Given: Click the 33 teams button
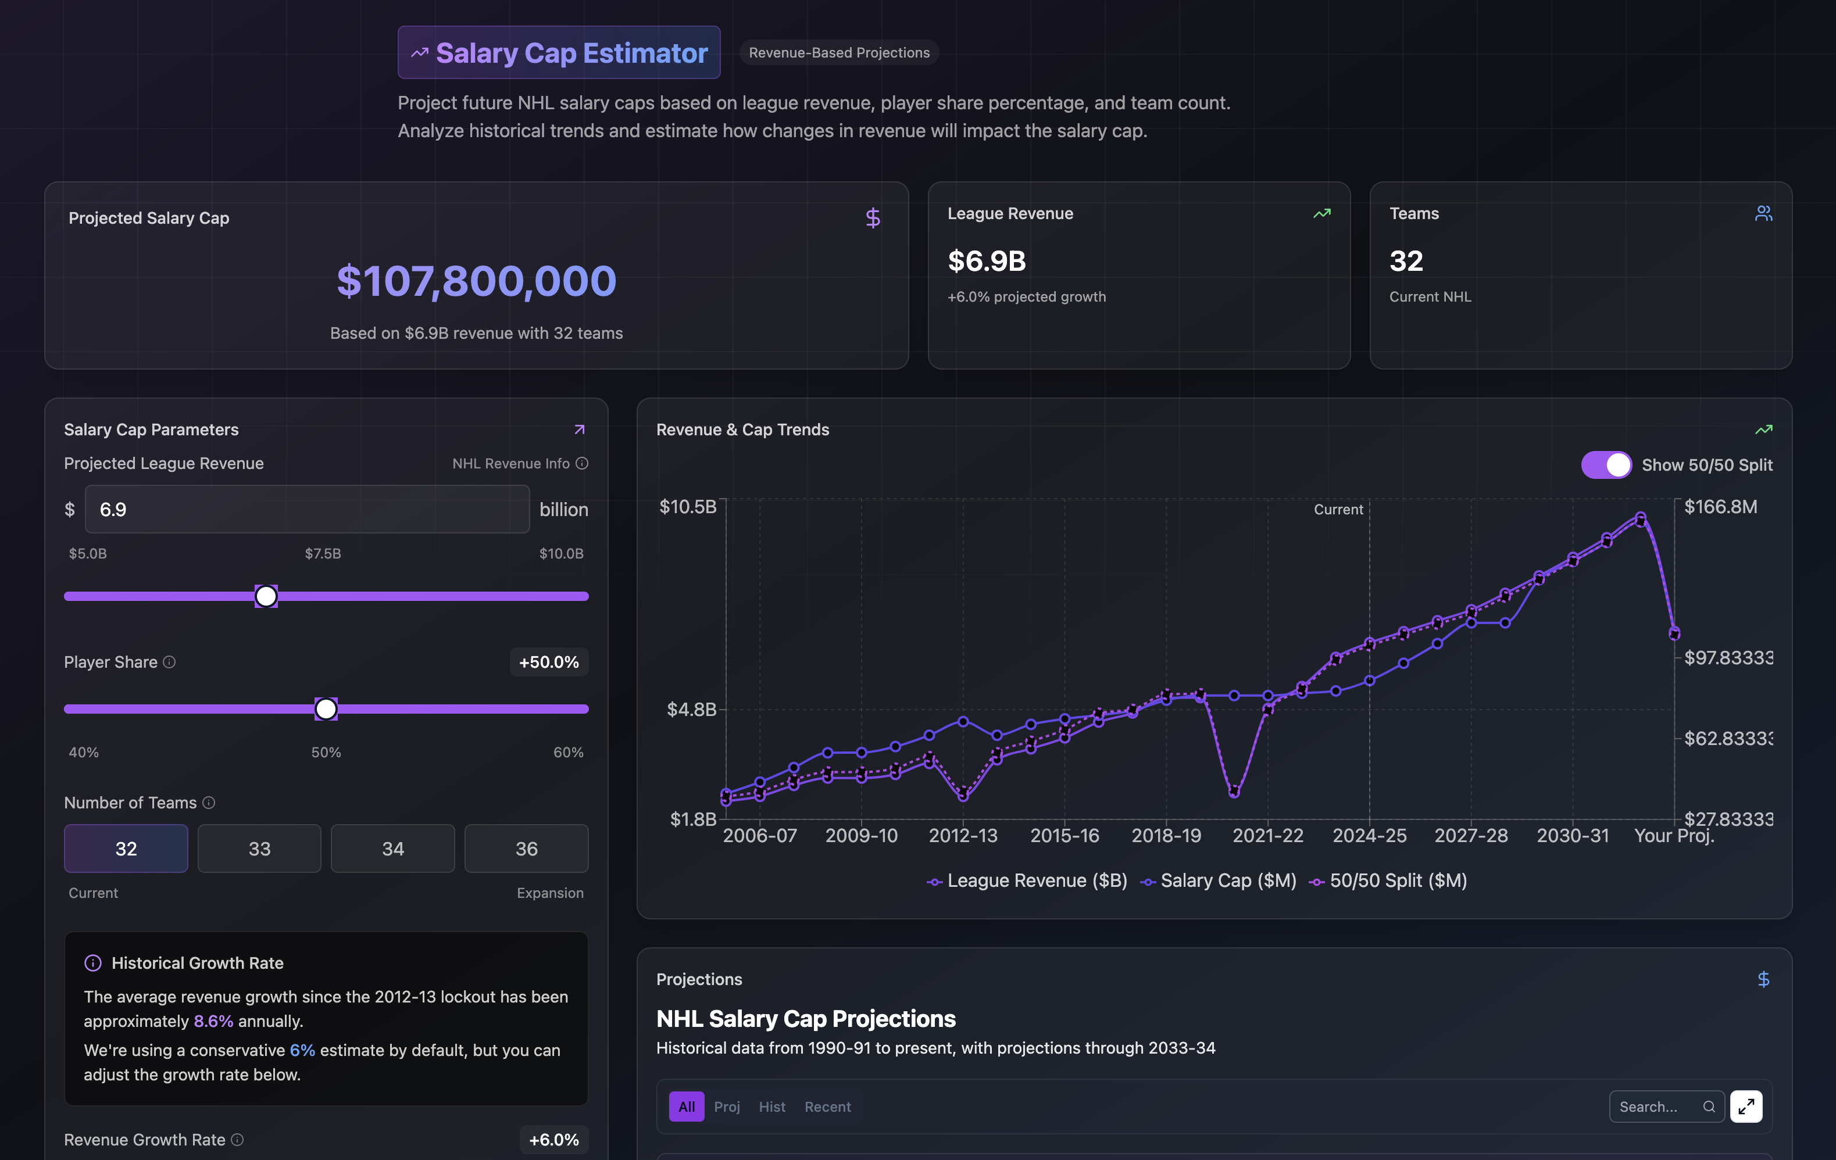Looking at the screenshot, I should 259,848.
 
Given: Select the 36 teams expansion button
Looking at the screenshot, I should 526,848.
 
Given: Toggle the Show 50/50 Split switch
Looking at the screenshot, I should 1606,465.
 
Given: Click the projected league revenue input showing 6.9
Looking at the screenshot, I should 306,509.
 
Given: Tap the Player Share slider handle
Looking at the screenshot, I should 326,709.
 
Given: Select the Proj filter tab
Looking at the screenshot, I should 727,1107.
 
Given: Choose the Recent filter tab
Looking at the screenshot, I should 827,1107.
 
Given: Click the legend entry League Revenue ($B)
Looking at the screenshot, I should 1027,881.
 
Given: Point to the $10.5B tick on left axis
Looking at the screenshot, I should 688,507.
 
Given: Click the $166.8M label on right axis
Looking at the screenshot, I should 1720,507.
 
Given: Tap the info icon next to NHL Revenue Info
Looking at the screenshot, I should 582,463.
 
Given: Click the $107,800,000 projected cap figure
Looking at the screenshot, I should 477,281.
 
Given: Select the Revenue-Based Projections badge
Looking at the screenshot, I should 839,52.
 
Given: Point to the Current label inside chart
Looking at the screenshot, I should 1338,509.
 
